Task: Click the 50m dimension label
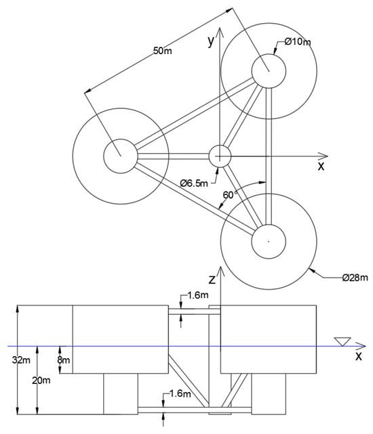coord(163,51)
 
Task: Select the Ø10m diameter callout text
coord(298,42)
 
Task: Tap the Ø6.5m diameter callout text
coord(194,183)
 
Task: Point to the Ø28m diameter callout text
coord(355,278)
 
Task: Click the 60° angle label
coord(230,195)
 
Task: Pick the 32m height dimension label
coord(21,360)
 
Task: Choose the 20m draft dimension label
coord(41,381)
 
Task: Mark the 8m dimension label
coord(64,360)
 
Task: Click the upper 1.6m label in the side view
coord(198,295)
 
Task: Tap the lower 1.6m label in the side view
coord(180,393)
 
